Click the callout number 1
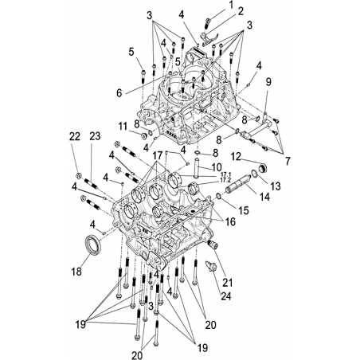[x=231, y=5]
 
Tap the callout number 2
[x=241, y=11]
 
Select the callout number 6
[x=119, y=93]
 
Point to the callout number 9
[x=268, y=82]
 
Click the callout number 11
[x=123, y=127]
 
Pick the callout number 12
[x=236, y=157]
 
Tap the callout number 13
[x=276, y=186]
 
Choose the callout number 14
[x=264, y=197]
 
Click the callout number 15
[x=244, y=210]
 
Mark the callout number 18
[x=76, y=272]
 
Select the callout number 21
[x=227, y=283]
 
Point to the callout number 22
[x=75, y=137]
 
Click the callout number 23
[x=95, y=136]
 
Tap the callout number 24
[x=226, y=296]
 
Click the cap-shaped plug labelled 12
[x=263, y=168]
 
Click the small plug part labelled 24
[x=211, y=266]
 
